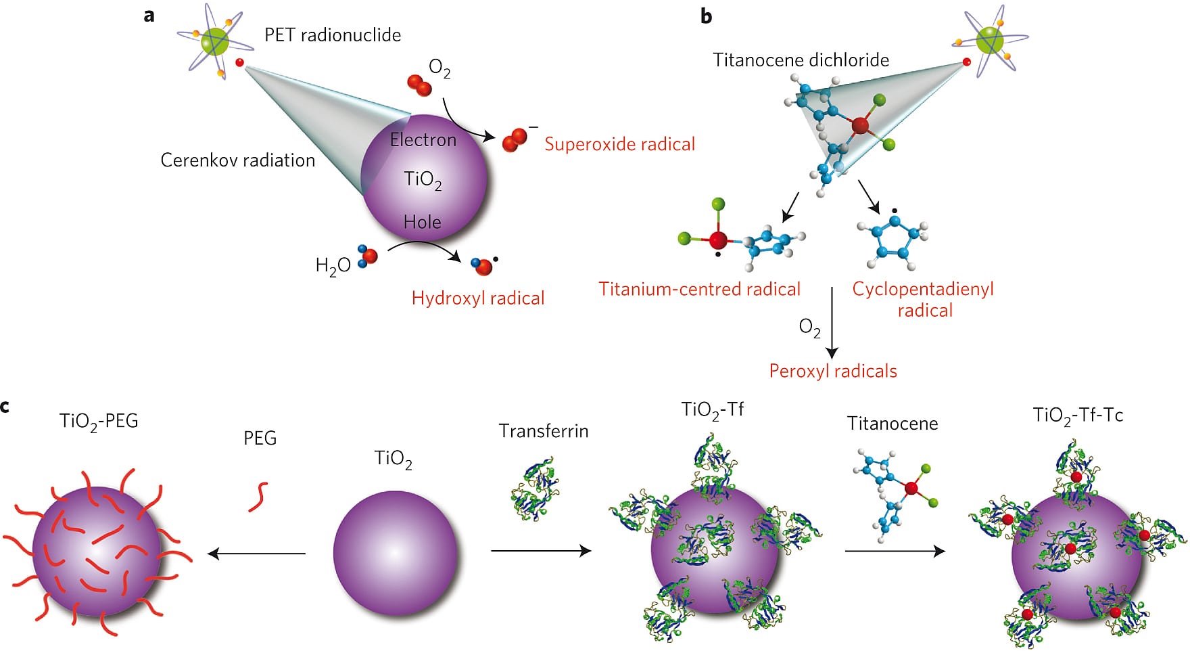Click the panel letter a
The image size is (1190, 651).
tap(149, 15)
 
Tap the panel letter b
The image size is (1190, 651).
tap(706, 16)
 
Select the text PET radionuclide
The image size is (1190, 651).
tap(333, 35)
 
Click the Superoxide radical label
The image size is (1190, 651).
tap(619, 144)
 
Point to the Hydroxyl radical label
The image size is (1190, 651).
tap(478, 298)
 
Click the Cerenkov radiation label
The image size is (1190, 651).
tap(237, 160)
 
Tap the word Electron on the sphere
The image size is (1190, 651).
tap(423, 140)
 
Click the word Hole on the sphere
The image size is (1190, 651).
tap(422, 222)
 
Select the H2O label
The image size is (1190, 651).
tap(333, 265)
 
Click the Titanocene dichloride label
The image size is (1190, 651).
tap(801, 60)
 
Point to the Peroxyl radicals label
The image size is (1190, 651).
tap(833, 372)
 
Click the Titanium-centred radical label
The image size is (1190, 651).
tap(699, 290)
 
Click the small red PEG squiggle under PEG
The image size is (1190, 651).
tap(258, 497)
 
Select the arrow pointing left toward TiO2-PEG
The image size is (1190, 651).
tap(257, 554)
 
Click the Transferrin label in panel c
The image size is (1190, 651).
tap(544, 431)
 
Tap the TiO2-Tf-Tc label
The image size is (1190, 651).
tap(1078, 416)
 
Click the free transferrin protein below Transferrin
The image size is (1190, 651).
tap(535, 487)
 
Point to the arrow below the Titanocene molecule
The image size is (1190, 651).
tap(895, 551)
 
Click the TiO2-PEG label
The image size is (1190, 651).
tap(99, 422)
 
